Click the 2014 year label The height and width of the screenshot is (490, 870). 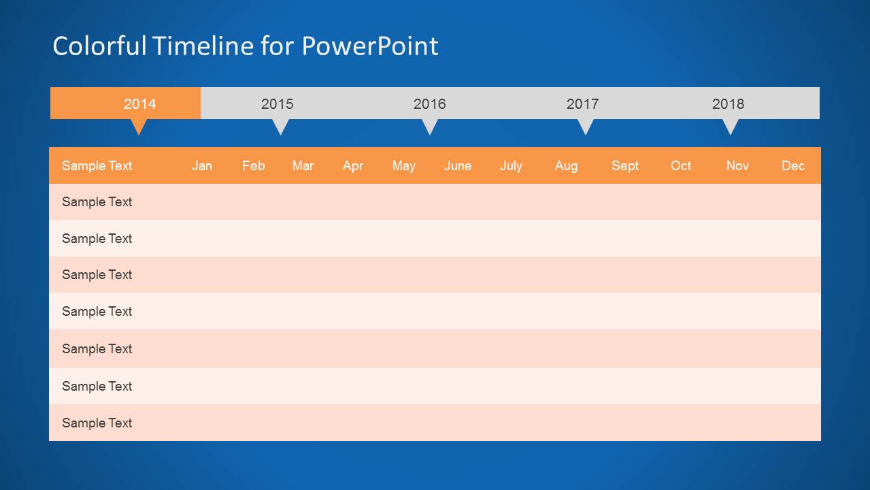pyautogui.click(x=139, y=104)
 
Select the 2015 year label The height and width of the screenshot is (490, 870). pyautogui.click(x=277, y=104)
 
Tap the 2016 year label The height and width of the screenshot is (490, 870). pyautogui.click(x=429, y=104)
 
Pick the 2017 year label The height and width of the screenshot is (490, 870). pyautogui.click(x=582, y=104)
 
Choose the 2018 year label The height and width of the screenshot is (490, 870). pyautogui.click(x=728, y=104)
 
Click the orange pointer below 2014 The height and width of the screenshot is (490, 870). pyautogui.click(x=139, y=127)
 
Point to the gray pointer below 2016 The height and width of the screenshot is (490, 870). pyautogui.click(x=429, y=127)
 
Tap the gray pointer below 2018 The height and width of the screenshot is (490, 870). pyautogui.click(x=730, y=127)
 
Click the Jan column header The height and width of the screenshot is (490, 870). pyautogui.click(x=201, y=166)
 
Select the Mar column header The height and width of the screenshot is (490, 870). pyautogui.click(x=303, y=166)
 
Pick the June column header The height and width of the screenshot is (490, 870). pyautogui.click(x=457, y=166)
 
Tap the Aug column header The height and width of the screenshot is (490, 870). pyautogui.click(x=566, y=166)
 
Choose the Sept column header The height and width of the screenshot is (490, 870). pyautogui.click(x=624, y=166)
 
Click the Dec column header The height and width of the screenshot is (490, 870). pyautogui.click(x=792, y=166)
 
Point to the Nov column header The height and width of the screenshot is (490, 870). pyautogui.click(x=737, y=166)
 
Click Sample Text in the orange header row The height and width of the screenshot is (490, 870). pyautogui.click(x=97, y=166)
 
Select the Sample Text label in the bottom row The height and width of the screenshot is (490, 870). pyautogui.click(x=97, y=423)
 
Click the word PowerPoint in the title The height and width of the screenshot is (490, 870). pyautogui.click(x=370, y=46)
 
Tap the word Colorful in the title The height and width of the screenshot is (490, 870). pyautogui.click(x=99, y=46)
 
